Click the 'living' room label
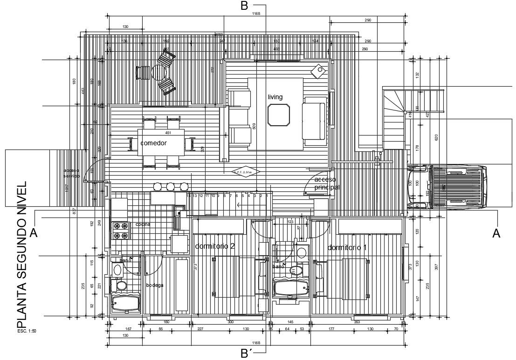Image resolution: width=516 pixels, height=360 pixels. coord(275,97)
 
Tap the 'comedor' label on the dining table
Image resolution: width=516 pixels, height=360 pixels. coord(153,143)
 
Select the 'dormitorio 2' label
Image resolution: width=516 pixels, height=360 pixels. coord(215,246)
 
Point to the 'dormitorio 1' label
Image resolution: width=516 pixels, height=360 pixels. coord(347,247)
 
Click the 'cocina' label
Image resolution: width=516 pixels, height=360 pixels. coord(143,224)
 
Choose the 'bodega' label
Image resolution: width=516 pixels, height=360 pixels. coord(154,285)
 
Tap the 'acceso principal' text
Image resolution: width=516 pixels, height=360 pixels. coord(326,183)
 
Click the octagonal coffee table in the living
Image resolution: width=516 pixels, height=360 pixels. coord(279,115)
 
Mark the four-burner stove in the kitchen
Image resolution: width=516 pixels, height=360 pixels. coord(119,230)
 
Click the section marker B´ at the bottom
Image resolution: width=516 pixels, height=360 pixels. coord(247,353)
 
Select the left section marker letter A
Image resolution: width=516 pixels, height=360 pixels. coord(33,233)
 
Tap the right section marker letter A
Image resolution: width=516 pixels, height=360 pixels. coord(497,233)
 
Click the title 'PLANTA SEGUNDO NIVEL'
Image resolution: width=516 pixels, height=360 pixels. coord(21,256)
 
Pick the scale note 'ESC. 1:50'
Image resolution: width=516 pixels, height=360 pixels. coord(27,332)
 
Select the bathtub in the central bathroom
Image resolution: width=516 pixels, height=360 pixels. coord(291,287)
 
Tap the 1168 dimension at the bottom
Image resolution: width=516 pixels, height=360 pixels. coord(256,342)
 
